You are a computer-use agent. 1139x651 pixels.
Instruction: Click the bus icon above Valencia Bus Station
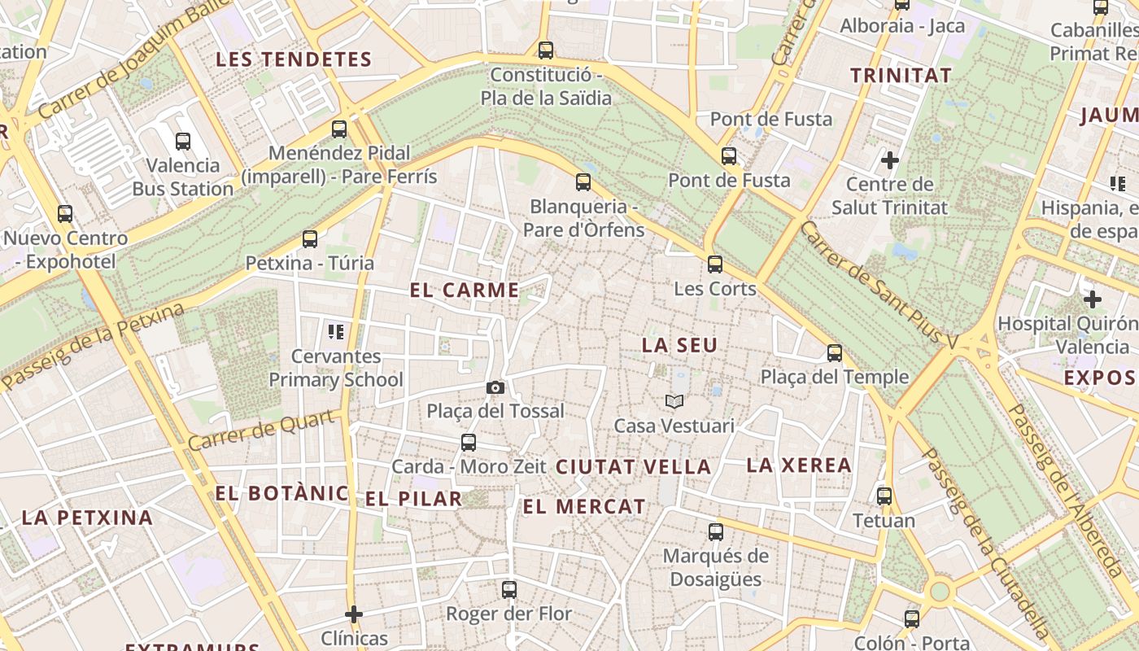[x=183, y=141]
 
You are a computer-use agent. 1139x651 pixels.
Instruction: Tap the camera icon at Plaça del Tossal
[x=495, y=387]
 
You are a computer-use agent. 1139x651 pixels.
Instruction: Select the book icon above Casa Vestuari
[x=674, y=401]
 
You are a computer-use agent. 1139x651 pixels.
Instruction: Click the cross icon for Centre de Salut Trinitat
[x=889, y=160]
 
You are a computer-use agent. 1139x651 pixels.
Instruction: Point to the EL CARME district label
[x=465, y=291]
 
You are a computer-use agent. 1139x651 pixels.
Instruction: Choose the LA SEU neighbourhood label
[x=679, y=345]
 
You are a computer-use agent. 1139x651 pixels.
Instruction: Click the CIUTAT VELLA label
[x=634, y=467]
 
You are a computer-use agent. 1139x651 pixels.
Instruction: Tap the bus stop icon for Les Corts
[x=714, y=264]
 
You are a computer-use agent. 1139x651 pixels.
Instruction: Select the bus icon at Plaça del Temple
[x=834, y=352]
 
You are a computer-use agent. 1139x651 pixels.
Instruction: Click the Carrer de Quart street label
[x=263, y=430]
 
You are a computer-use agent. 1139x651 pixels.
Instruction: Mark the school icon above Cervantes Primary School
[x=335, y=331]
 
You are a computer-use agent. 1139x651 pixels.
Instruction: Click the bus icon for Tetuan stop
[x=884, y=496]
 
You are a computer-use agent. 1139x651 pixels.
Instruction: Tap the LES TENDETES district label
[x=294, y=59]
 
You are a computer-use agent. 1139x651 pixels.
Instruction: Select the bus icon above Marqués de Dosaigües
[x=715, y=531]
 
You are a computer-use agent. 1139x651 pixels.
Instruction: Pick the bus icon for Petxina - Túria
[x=309, y=238]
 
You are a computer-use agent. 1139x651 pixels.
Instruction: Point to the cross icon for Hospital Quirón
[x=1092, y=299]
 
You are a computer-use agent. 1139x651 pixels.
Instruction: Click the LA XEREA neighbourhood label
[x=799, y=465]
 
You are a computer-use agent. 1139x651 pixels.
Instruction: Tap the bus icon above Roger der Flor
[x=508, y=589]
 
